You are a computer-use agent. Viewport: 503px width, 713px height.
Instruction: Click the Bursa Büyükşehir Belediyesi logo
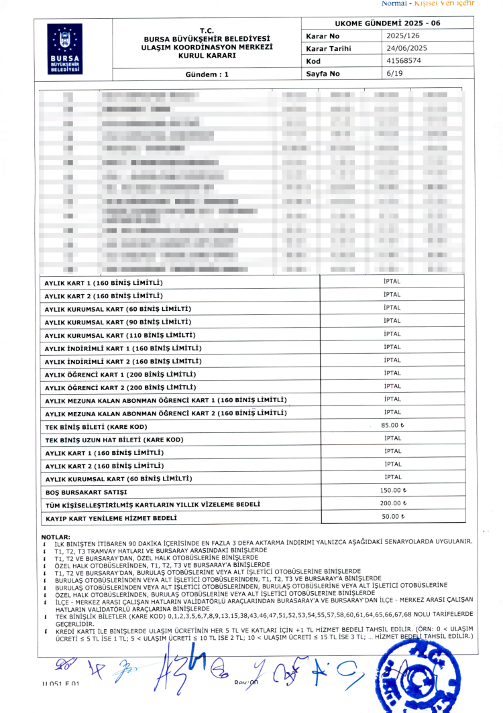coord(64,48)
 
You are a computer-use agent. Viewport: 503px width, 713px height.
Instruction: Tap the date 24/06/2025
coord(406,48)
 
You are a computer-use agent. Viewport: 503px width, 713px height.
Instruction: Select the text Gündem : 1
coord(207,75)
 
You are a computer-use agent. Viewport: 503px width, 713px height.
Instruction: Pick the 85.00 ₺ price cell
coord(392,426)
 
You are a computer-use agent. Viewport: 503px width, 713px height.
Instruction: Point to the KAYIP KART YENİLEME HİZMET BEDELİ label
coord(111,518)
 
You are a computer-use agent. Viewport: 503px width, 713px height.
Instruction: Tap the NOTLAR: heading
coord(56,537)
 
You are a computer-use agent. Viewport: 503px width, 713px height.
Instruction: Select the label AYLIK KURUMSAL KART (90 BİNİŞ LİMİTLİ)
coord(117,322)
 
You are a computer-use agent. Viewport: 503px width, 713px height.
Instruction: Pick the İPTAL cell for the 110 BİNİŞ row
coord(392,334)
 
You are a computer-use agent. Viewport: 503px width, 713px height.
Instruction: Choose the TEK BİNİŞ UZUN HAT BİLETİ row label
coord(113,440)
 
